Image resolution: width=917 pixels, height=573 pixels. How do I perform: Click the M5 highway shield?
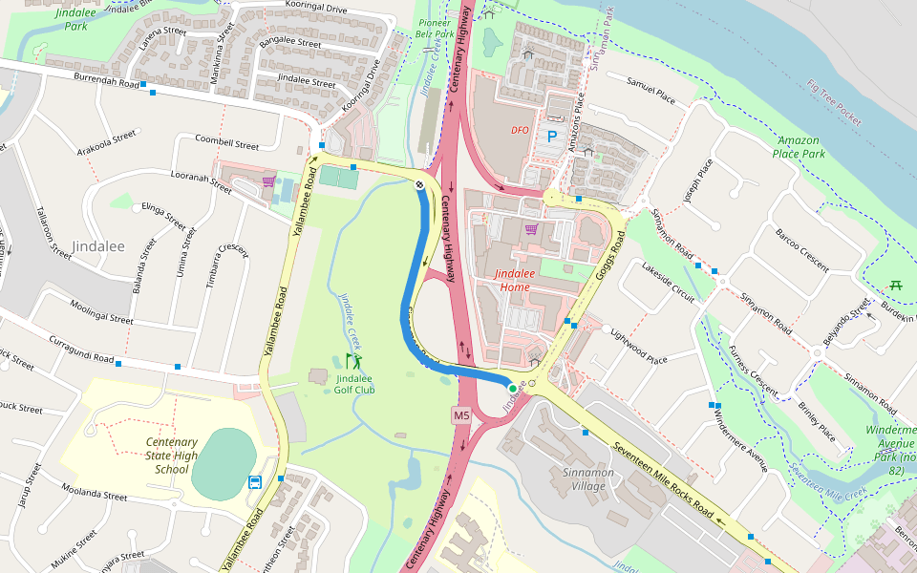coord(462,415)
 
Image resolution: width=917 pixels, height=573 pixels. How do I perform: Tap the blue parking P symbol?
coord(551,137)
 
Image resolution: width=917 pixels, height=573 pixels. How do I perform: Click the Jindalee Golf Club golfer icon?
coord(354,361)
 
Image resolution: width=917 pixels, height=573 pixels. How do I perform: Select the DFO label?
coord(520,130)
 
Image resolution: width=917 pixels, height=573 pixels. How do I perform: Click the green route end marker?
coord(513,388)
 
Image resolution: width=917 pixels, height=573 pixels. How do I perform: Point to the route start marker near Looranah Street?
coord(418,185)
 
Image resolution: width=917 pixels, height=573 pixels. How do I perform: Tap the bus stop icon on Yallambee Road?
coord(255,481)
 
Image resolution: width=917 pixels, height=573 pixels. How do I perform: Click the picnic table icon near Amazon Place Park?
coord(896,286)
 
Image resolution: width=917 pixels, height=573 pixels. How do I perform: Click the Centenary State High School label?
coord(171,456)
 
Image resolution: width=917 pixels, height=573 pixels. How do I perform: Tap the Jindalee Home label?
coord(524,281)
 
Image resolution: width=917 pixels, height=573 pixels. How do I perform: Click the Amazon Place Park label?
coord(799,147)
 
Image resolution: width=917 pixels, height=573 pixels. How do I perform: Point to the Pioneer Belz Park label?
coord(435,28)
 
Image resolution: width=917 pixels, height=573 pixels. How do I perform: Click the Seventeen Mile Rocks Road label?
coord(663,481)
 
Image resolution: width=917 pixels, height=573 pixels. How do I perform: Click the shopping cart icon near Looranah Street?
coord(269,180)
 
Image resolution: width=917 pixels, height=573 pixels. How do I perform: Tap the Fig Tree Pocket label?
coord(834,102)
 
